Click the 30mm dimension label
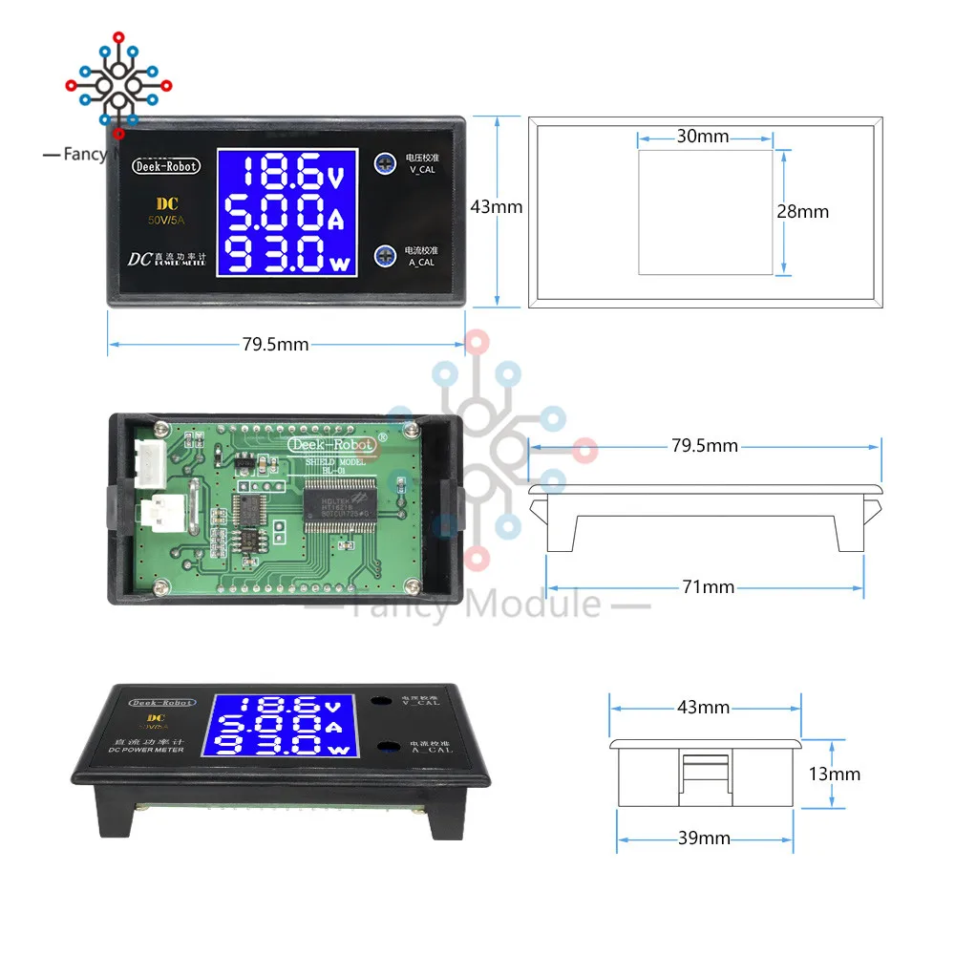pyautogui.click(x=703, y=137)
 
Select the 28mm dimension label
pyautogui.click(x=802, y=212)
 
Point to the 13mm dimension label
pyautogui.click(x=833, y=774)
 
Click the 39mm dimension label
pyautogui.click(x=703, y=838)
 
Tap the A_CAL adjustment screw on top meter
pyautogui.click(x=385, y=254)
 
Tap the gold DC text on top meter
pyautogui.click(x=168, y=204)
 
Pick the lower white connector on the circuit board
pyautogui.click(x=153, y=516)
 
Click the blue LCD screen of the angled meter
pyautogui.click(x=282, y=725)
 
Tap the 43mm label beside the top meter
pyautogui.click(x=497, y=205)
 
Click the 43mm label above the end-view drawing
pyautogui.click(x=703, y=708)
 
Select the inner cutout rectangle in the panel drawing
pyautogui.click(x=704, y=212)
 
